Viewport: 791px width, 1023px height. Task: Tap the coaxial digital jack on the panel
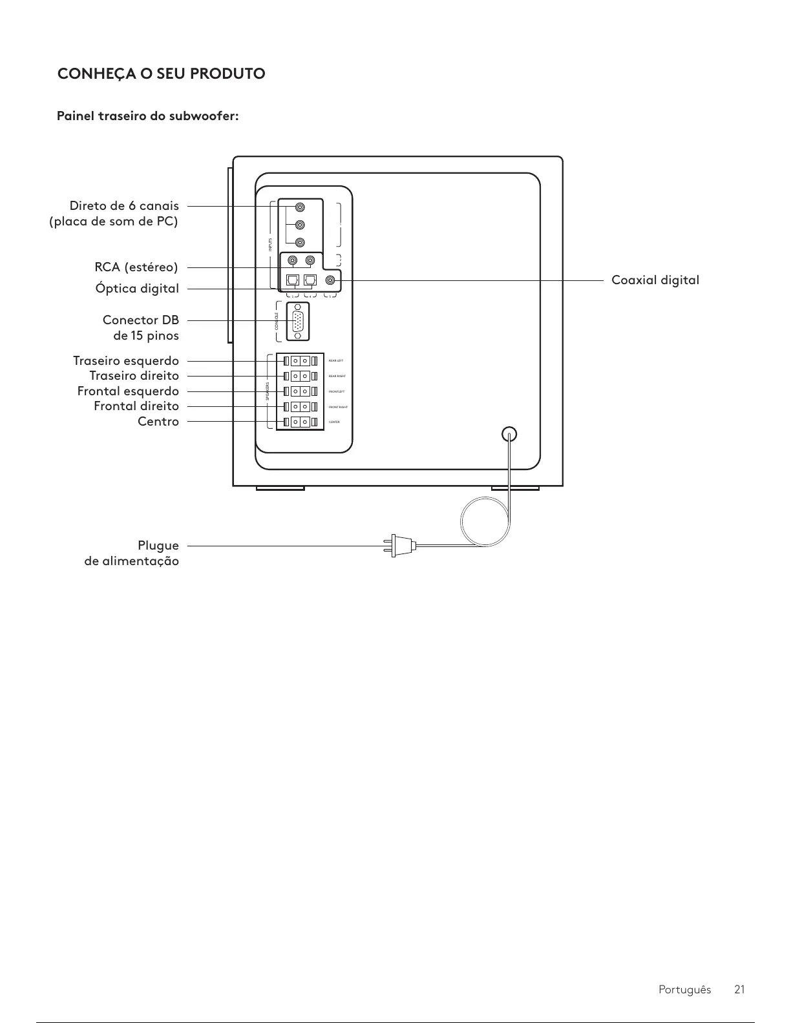331,280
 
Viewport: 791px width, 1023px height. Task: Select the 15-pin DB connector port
297,322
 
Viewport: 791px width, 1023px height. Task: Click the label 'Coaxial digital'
655,280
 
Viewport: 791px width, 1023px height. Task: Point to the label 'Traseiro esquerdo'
126,360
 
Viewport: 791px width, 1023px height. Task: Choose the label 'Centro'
158,421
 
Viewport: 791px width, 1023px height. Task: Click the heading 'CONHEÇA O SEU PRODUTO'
162,74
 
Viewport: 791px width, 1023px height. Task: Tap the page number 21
739,989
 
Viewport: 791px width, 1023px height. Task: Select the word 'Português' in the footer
684,989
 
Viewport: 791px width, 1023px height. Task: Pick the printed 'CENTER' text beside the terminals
334,422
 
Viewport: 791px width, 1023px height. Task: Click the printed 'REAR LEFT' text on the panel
336,360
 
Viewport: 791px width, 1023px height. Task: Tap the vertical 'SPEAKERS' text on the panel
268,391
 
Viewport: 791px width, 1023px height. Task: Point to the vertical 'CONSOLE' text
277,322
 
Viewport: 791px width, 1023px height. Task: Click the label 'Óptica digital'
137,289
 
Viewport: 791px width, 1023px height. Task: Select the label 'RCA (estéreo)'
136,267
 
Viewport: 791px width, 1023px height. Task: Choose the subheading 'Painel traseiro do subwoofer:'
148,116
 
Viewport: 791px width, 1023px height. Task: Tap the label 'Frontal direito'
136,406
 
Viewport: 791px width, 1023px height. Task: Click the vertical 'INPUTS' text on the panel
270,245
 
